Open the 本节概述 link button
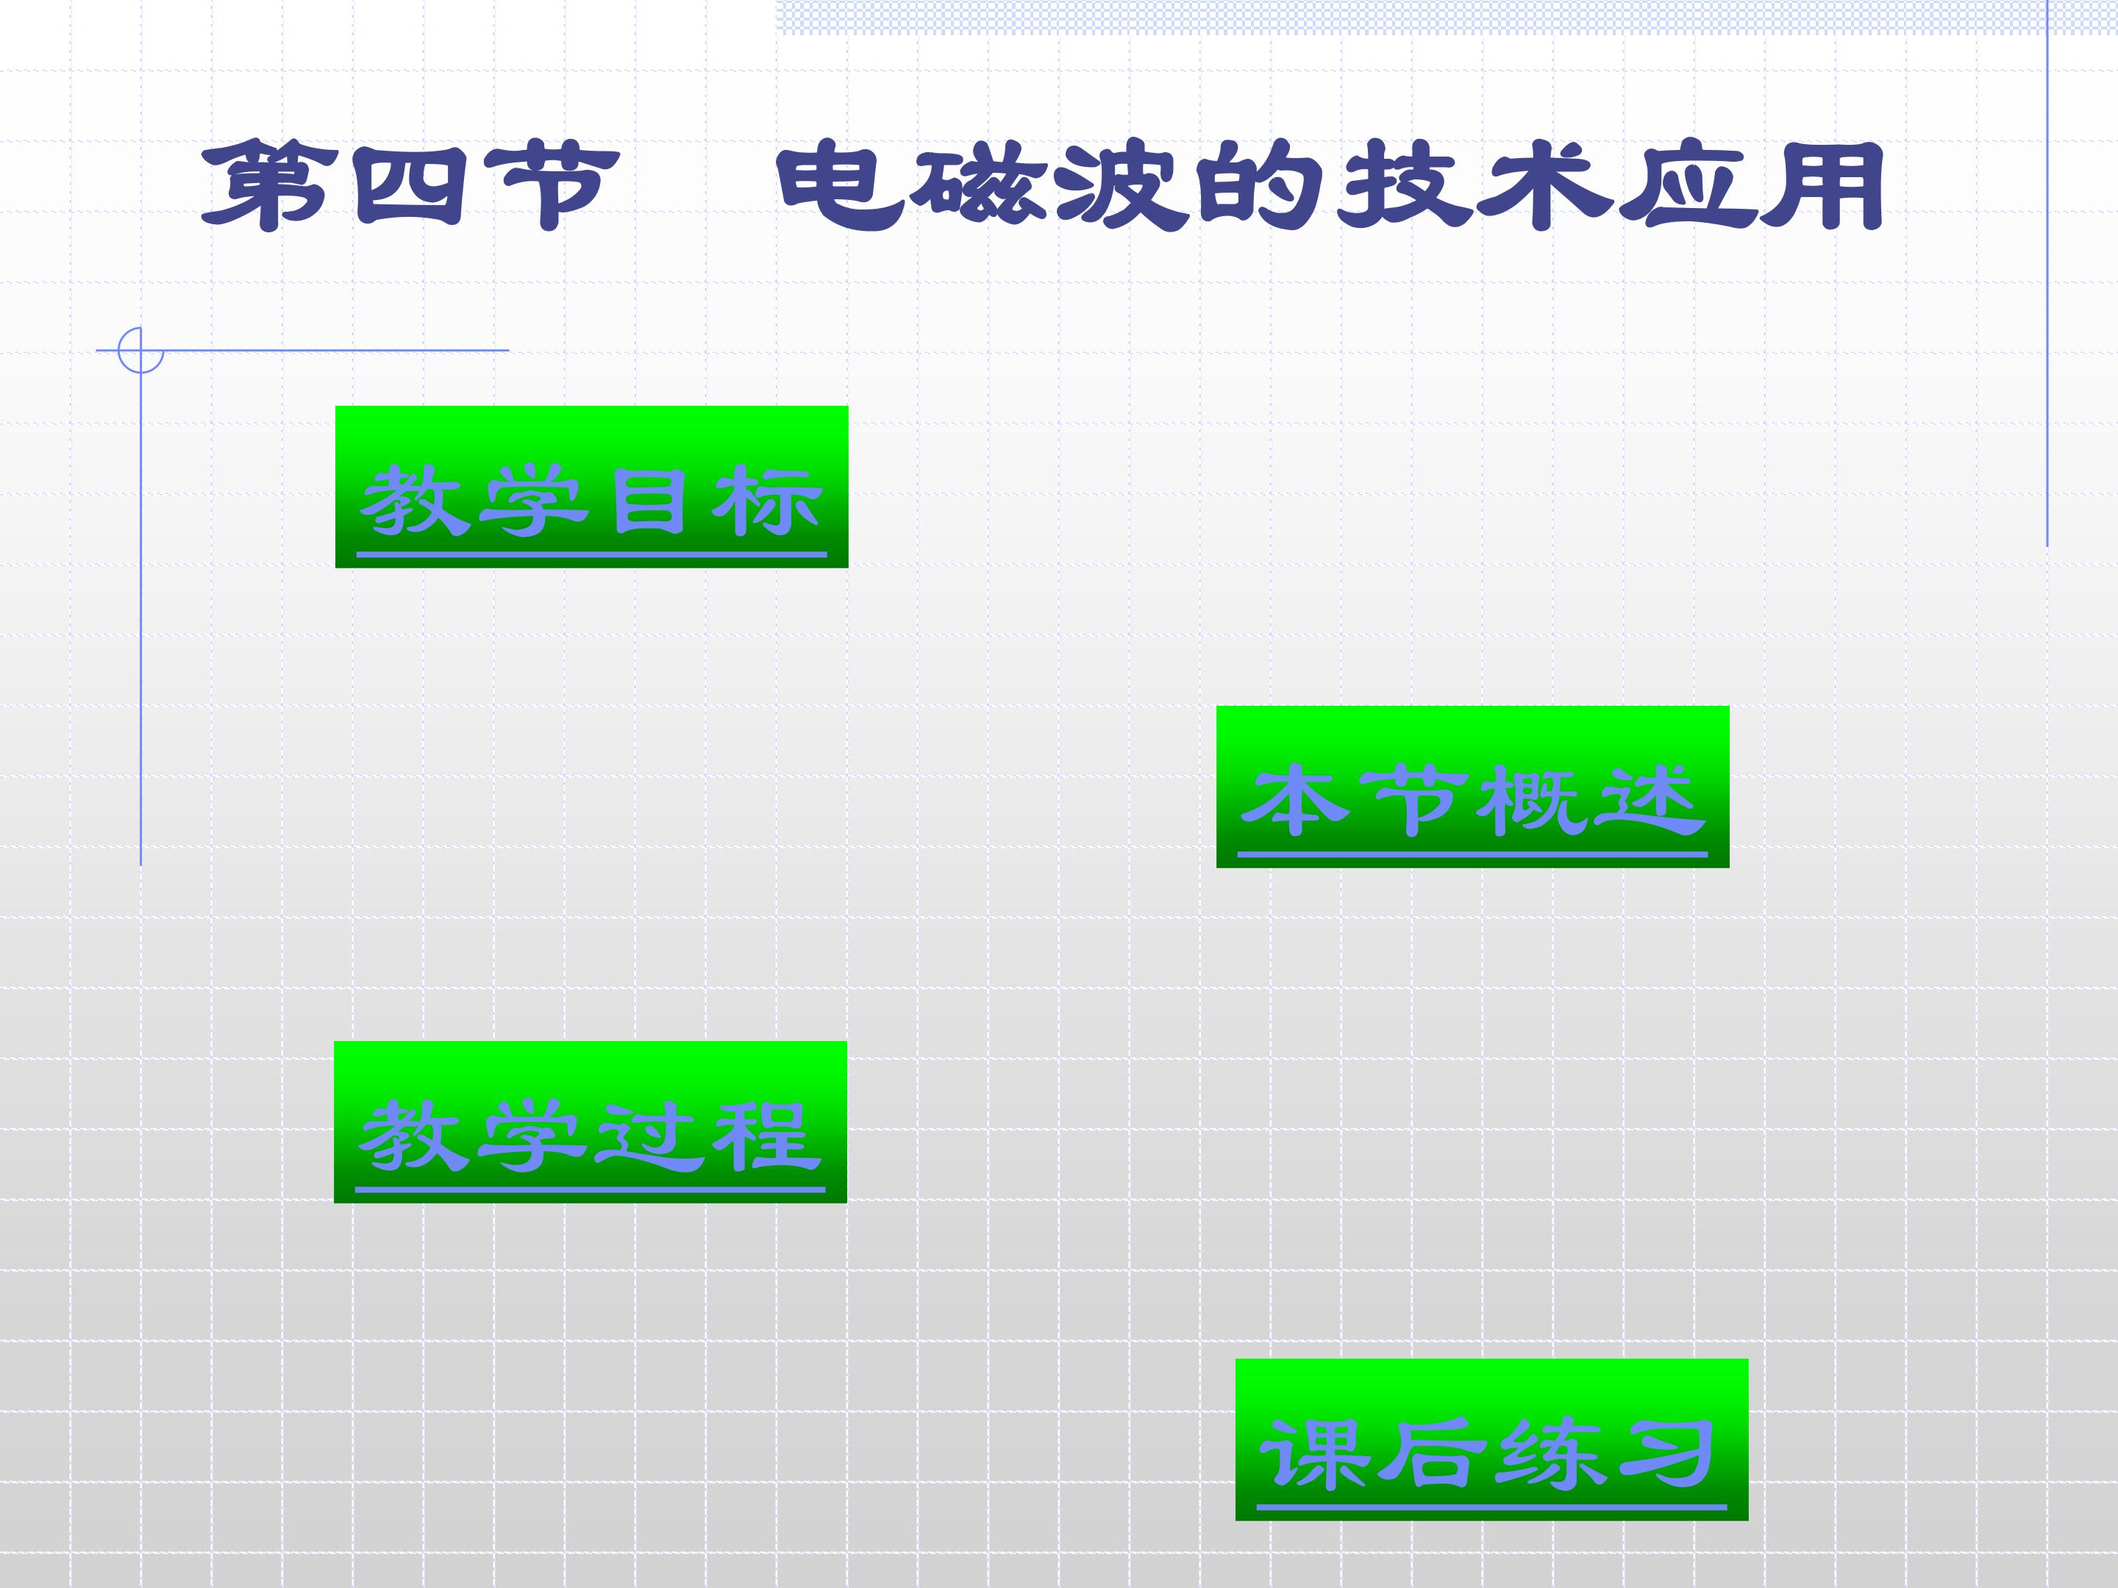1472,787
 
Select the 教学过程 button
591,1122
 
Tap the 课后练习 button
1491,1439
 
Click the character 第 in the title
263,184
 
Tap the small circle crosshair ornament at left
140,351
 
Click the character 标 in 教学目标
767,501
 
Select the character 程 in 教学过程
766,1136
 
